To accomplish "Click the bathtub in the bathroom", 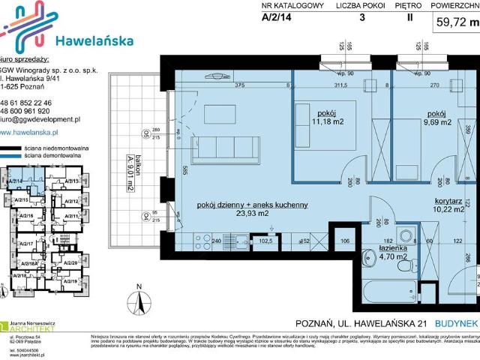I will pyautogui.click(x=386, y=288).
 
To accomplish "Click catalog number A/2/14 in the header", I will pyautogui.click(x=276, y=21).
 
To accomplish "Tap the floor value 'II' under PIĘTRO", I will pyautogui.click(x=409, y=21).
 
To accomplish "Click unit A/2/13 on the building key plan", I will pyautogui.click(x=72, y=181).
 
